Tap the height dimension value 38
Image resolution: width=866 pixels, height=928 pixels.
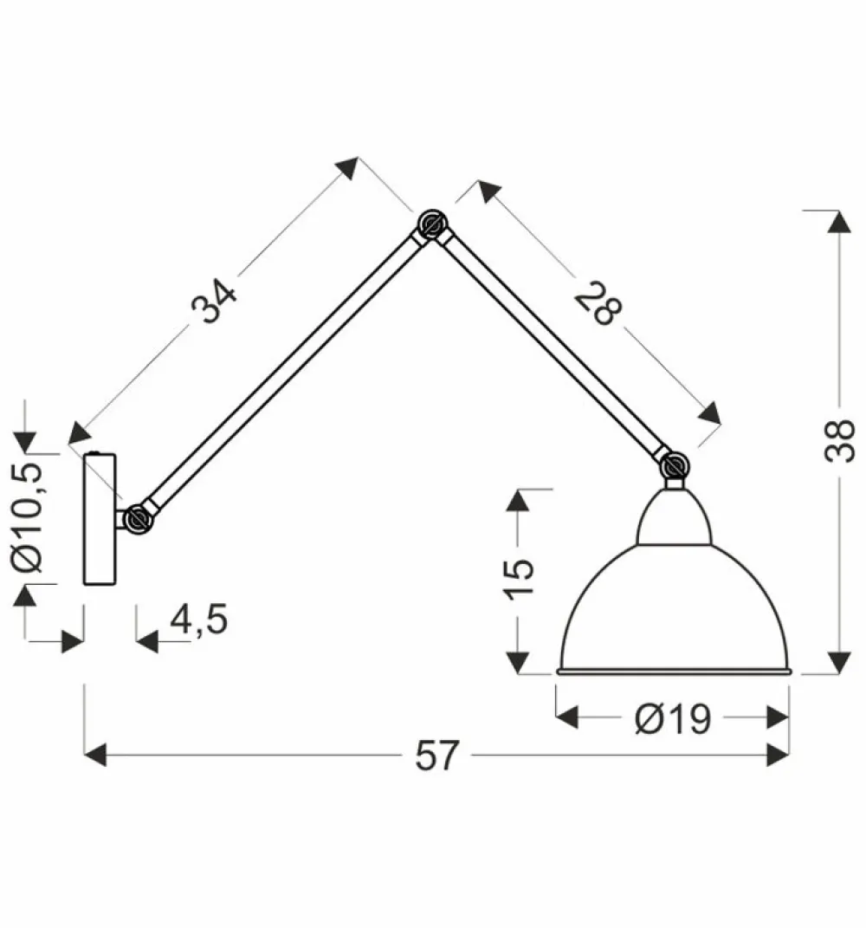(838, 442)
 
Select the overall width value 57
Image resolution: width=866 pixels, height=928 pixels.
(436, 756)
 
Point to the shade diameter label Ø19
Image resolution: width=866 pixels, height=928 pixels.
(672, 718)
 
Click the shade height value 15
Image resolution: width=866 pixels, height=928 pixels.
(520, 579)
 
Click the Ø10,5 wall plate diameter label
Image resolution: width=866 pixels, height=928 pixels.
(29, 517)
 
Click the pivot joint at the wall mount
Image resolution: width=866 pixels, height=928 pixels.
(136, 519)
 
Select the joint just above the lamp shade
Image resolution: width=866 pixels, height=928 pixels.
(674, 465)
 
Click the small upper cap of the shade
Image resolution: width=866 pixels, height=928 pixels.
(674, 518)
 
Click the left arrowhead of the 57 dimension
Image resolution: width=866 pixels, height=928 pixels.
(94, 755)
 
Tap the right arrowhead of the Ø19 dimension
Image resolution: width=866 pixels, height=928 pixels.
(779, 717)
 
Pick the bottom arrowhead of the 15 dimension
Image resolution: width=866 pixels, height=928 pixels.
(518, 662)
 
